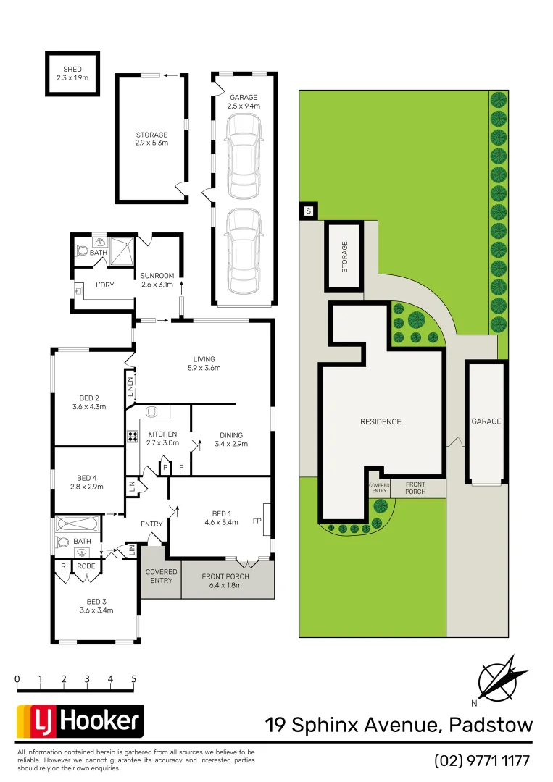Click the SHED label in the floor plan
coord(72,69)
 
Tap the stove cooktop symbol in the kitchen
coord(133,437)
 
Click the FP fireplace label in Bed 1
coord(257,521)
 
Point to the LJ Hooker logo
coord(80,721)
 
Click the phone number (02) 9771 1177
coord(483,761)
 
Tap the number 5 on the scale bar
coord(134,679)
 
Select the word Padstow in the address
coord(491,724)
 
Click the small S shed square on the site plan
coord(308,211)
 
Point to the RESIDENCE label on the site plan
coord(381,421)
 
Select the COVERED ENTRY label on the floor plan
coord(160,576)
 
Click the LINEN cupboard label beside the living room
coord(130,387)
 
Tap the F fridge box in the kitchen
coord(180,468)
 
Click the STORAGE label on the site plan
coord(345,256)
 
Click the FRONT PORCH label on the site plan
coord(416,488)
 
